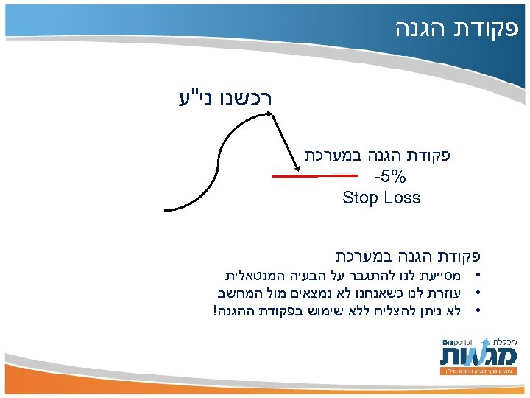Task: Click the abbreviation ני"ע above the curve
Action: point(191,97)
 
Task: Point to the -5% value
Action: point(390,178)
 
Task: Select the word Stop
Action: point(359,198)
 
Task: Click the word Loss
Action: point(401,198)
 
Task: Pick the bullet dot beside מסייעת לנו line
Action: point(478,276)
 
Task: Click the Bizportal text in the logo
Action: point(457,343)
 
